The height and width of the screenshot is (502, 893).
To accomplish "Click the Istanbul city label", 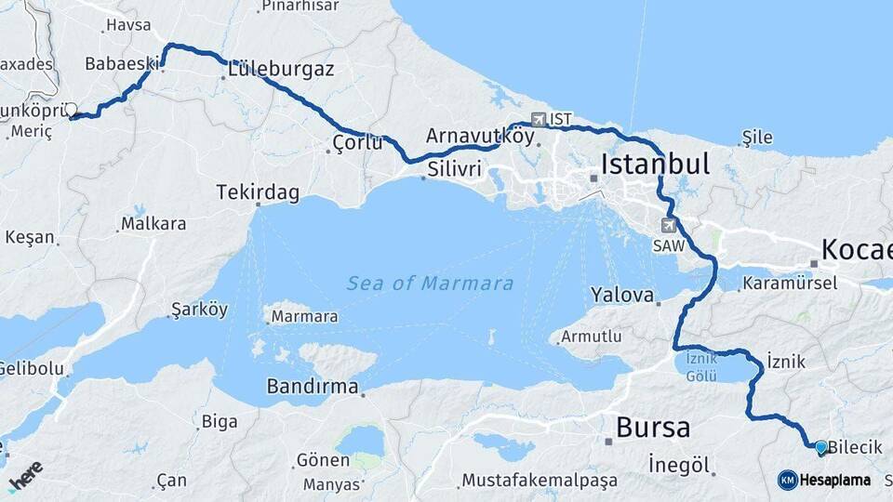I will tap(655, 165).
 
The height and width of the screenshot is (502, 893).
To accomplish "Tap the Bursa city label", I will tap(653, 428).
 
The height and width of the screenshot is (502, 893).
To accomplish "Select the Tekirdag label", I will tap(258, 192).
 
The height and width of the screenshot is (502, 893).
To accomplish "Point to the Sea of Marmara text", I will tap(430, 283).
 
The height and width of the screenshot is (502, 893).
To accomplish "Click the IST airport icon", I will tap(540, 119).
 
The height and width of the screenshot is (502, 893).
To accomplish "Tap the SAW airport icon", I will tap(668, 225).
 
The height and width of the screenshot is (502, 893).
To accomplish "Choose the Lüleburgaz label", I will tap(281, 70).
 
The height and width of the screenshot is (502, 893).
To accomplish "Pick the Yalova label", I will tap(622, 295).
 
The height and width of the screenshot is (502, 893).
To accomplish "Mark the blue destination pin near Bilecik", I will tap(820, 447).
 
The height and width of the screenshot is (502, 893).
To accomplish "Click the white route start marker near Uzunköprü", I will tap(71, 110).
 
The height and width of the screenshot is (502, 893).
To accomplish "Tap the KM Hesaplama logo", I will tap(823, 480).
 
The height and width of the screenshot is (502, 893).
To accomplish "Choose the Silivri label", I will tap(455, 169).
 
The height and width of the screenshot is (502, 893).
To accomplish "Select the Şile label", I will tap(757, 138).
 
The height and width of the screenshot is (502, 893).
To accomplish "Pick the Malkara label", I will tap(153, 224).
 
